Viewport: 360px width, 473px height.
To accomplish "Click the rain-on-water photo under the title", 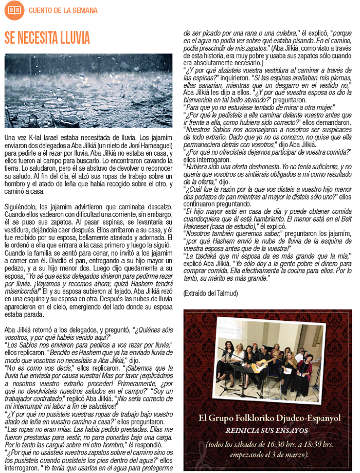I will coord(88,90).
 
